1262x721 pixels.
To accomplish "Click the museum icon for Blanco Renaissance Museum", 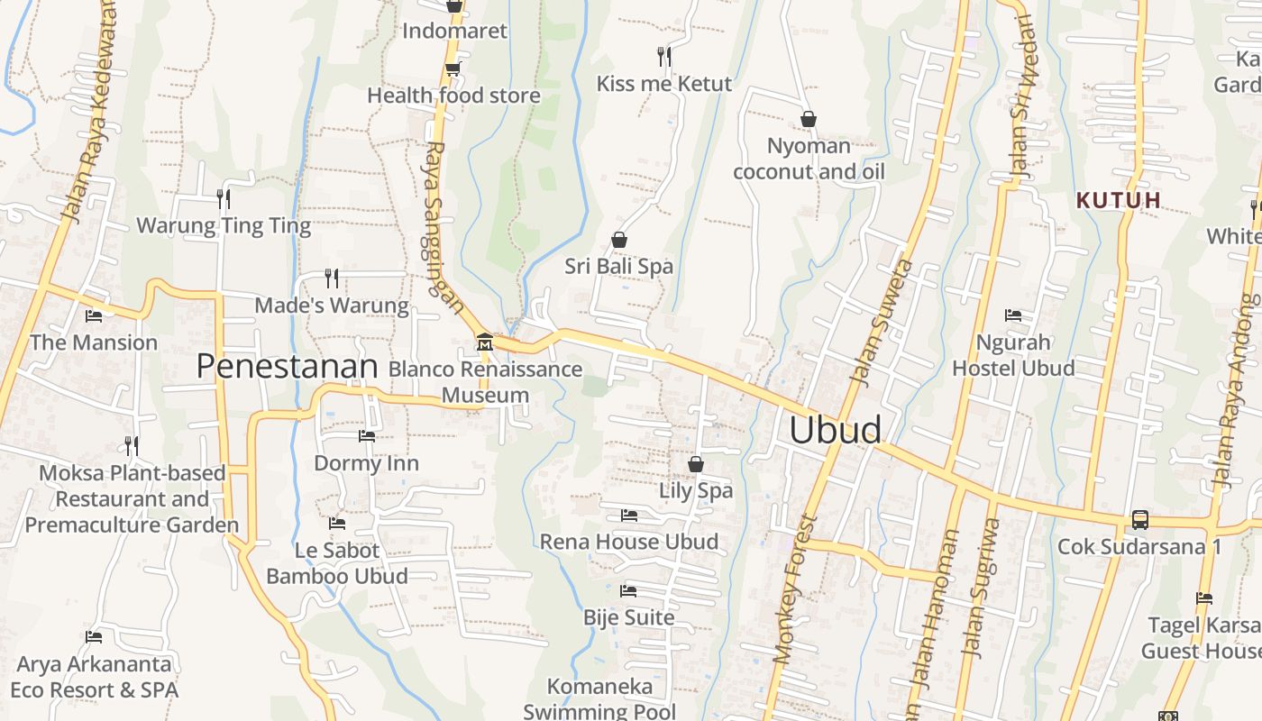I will click(x=485, y=342).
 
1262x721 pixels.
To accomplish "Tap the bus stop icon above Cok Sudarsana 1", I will click(x=1140, y=520).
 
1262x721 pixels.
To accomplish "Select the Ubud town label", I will click(x=836, y=430).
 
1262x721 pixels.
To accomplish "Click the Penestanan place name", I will click(x=287, y=366).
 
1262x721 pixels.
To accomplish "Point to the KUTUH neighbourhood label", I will click(x=1120, y=200).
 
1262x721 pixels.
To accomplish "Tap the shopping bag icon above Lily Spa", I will click(x=696, y=464).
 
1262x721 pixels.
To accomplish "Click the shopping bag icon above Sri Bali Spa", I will click(x=619, y=240).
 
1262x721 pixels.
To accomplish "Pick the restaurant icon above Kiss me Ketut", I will click(x=664, y=57).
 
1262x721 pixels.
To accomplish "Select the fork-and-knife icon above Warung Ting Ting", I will click(x=224, y=198).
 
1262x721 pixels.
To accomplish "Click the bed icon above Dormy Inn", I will click(x=366, y=436).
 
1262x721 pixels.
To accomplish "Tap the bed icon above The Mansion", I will click(x=94, y=316).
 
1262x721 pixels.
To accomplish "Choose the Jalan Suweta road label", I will click(x=881, y=323).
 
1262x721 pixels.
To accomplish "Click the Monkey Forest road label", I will click(x=795, y=589).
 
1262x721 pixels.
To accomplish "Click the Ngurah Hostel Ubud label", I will click(x=1013, y=355).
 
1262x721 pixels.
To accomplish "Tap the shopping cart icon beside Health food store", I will click(x=453, y=68).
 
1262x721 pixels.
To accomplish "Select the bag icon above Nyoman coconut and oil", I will click(x=809, y=119).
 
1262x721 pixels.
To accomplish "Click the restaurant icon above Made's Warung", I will click(x=332, y=278).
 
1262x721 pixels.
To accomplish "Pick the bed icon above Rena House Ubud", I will click(x=629, y=516).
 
